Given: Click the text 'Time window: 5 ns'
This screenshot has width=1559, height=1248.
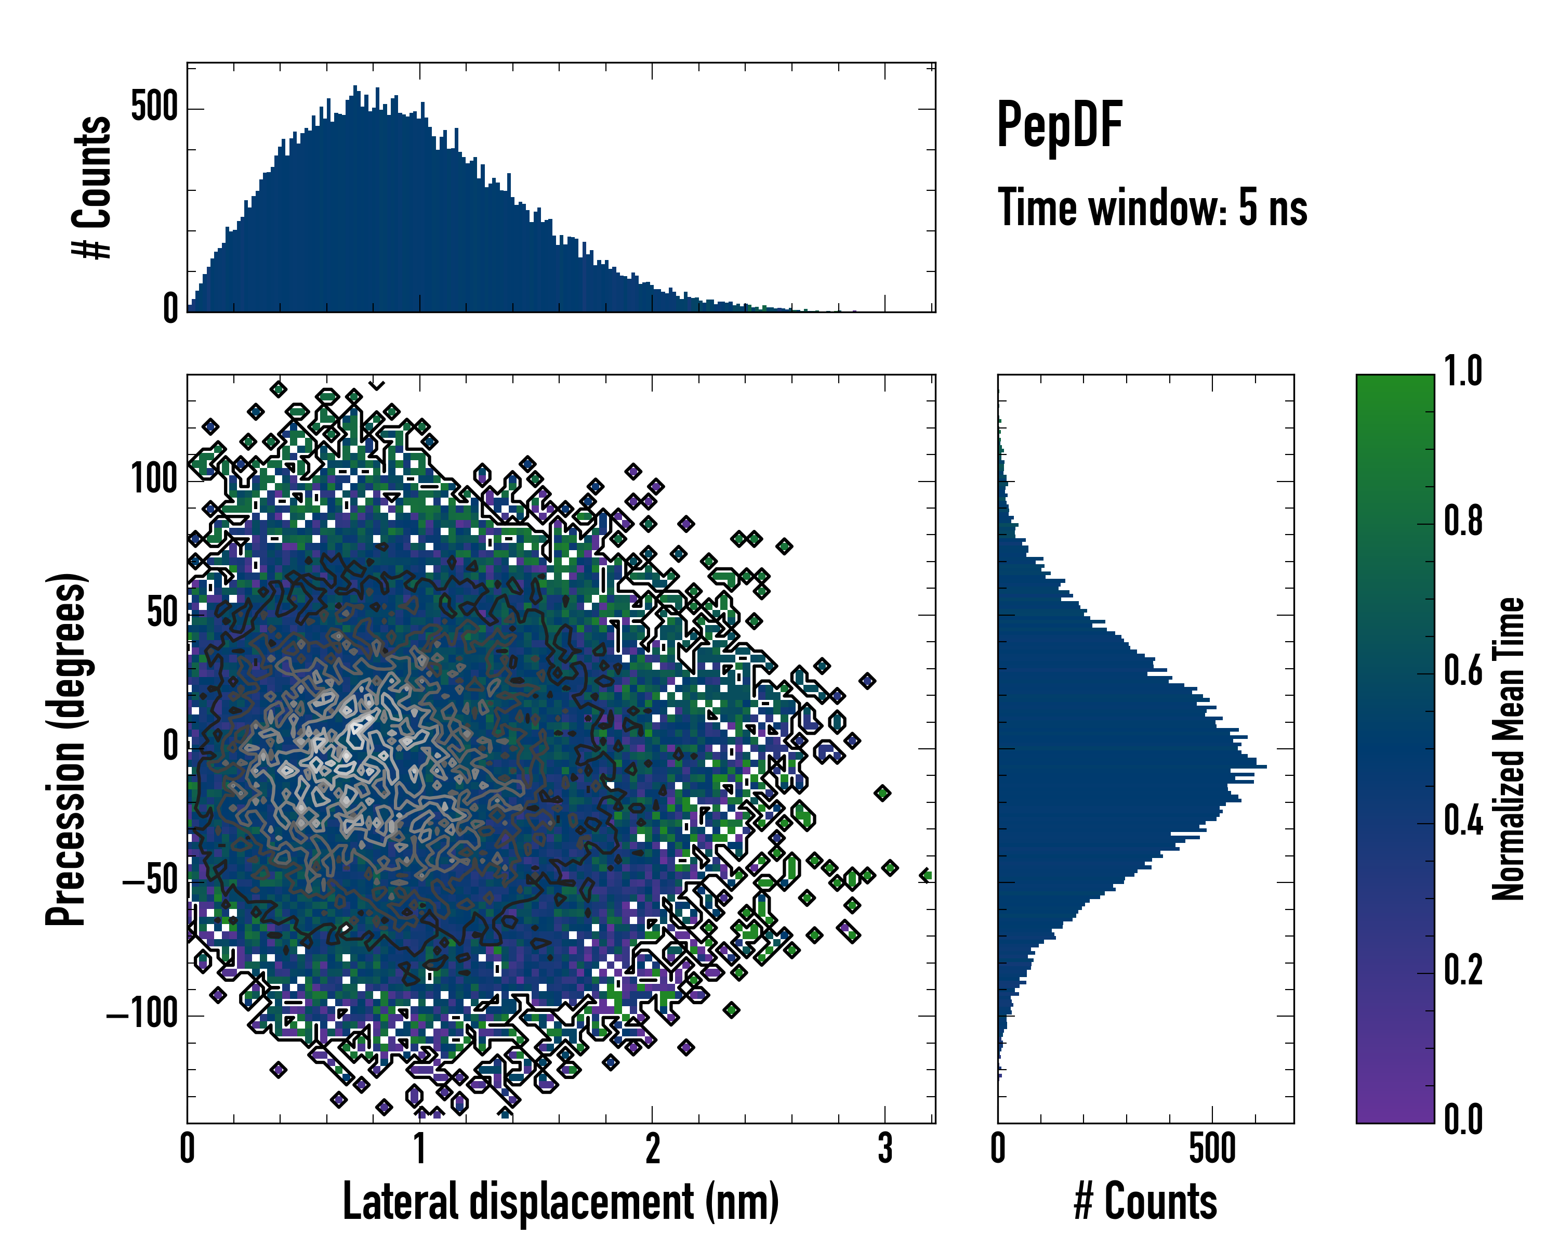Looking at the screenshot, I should (x=1153, y=207).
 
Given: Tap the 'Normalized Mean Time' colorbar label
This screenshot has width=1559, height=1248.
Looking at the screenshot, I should (x=1509, y=749).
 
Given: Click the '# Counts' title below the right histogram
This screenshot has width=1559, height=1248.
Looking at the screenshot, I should (x=1145, y=1202).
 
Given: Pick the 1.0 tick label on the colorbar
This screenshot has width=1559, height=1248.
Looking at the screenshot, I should (x=1463, y=371).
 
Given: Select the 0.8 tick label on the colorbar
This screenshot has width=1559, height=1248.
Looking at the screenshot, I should (x=1463, y=521).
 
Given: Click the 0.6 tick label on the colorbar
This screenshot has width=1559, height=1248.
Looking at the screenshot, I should (x=1463, y=671).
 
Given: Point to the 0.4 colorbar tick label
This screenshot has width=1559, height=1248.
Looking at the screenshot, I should (x=1463, y=821).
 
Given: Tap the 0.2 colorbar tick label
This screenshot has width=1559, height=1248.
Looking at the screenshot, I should (x=1463, y=970).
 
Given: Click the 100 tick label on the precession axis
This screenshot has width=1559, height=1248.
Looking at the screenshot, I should (x=154, y=479).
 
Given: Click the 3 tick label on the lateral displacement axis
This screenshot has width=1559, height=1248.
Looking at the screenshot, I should (x=885, y=1149).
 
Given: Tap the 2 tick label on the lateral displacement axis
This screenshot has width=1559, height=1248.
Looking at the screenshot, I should (x=652, y=1149).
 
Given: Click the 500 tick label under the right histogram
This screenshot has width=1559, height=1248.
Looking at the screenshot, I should (x=1212, y=1149).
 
